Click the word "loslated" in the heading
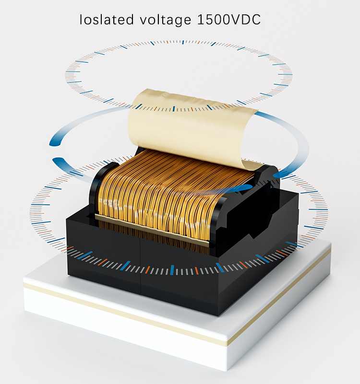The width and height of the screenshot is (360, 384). pos(107,19)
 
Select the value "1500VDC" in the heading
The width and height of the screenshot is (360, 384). pos(228,19)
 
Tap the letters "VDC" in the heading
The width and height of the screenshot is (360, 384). pos(246,20)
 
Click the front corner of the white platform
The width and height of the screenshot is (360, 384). pos(227,370)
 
